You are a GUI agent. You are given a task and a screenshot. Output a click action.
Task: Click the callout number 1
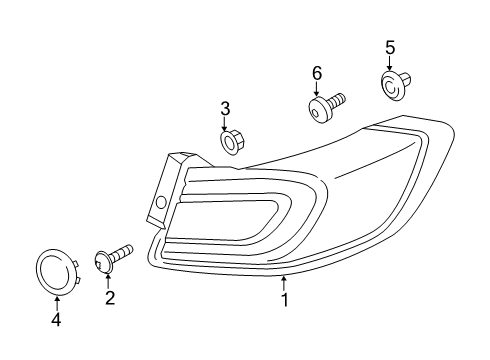285,299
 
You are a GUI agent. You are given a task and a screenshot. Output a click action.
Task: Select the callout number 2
109,297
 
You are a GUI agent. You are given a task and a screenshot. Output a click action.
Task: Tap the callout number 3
226,108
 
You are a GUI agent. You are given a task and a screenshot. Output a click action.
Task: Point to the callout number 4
56,320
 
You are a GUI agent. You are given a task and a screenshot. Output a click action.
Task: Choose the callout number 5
390,47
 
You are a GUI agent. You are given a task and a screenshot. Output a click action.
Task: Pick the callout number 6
317,72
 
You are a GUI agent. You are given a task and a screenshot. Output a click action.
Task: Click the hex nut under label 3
229,144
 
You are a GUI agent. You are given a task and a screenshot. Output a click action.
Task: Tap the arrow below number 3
227,124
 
